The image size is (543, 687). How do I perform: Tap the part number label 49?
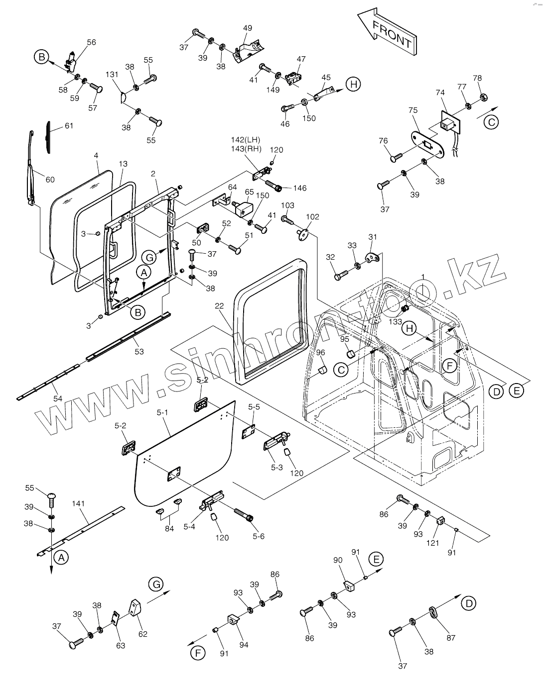248,28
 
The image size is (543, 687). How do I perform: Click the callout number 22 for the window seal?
219,306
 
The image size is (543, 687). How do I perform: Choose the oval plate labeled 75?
427,145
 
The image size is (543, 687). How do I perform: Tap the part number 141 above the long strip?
78,503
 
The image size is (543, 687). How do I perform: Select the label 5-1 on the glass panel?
162,413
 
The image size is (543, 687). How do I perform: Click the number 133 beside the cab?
395,321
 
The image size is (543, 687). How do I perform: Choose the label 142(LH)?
246,140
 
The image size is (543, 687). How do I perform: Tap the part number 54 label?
58,398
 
